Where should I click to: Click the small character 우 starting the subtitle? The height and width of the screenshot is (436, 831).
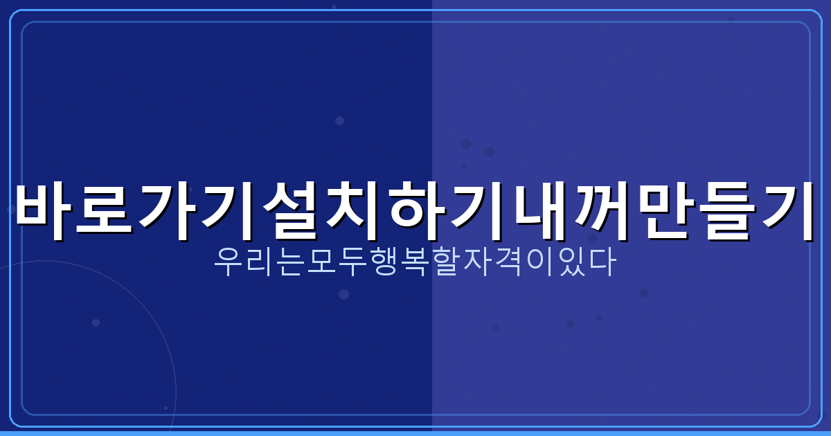[228, 264]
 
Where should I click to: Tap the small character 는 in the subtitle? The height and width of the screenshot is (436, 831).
[290, 264]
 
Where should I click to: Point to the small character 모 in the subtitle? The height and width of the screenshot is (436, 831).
[321, 264]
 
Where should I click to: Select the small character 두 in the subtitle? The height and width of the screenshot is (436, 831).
[352, 264]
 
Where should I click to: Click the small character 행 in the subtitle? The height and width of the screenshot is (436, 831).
[384, 264]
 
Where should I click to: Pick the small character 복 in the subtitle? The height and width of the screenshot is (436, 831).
[415, 264]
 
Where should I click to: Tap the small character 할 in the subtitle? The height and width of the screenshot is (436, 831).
[446, 264]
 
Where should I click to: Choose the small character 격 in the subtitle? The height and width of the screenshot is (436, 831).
[508, 264]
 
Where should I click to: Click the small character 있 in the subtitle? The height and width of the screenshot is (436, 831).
[571, 264]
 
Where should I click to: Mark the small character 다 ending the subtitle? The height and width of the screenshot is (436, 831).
[602, 264]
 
